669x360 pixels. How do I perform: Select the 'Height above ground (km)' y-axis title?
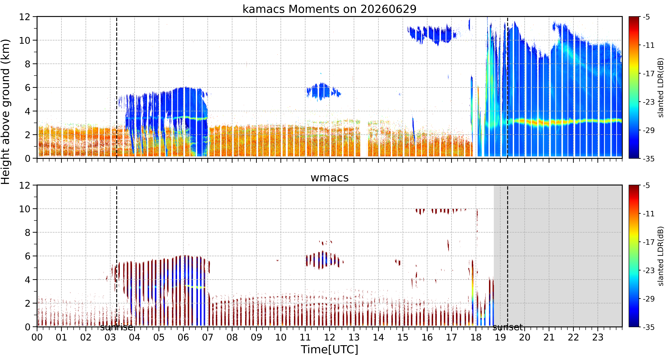click(6, 112)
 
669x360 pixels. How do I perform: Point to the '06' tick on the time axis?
click(183, 337)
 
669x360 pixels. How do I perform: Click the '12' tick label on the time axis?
click(329, 337)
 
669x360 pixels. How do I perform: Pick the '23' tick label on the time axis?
click(598, 337)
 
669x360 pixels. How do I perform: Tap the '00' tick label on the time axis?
click(37, 337)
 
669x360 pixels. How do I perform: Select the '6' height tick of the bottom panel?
click(27, 256)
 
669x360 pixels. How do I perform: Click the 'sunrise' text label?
click(117, 327)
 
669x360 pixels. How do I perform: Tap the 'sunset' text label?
click(507, 327)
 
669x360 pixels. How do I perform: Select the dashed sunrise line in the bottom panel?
click(117, 256)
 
